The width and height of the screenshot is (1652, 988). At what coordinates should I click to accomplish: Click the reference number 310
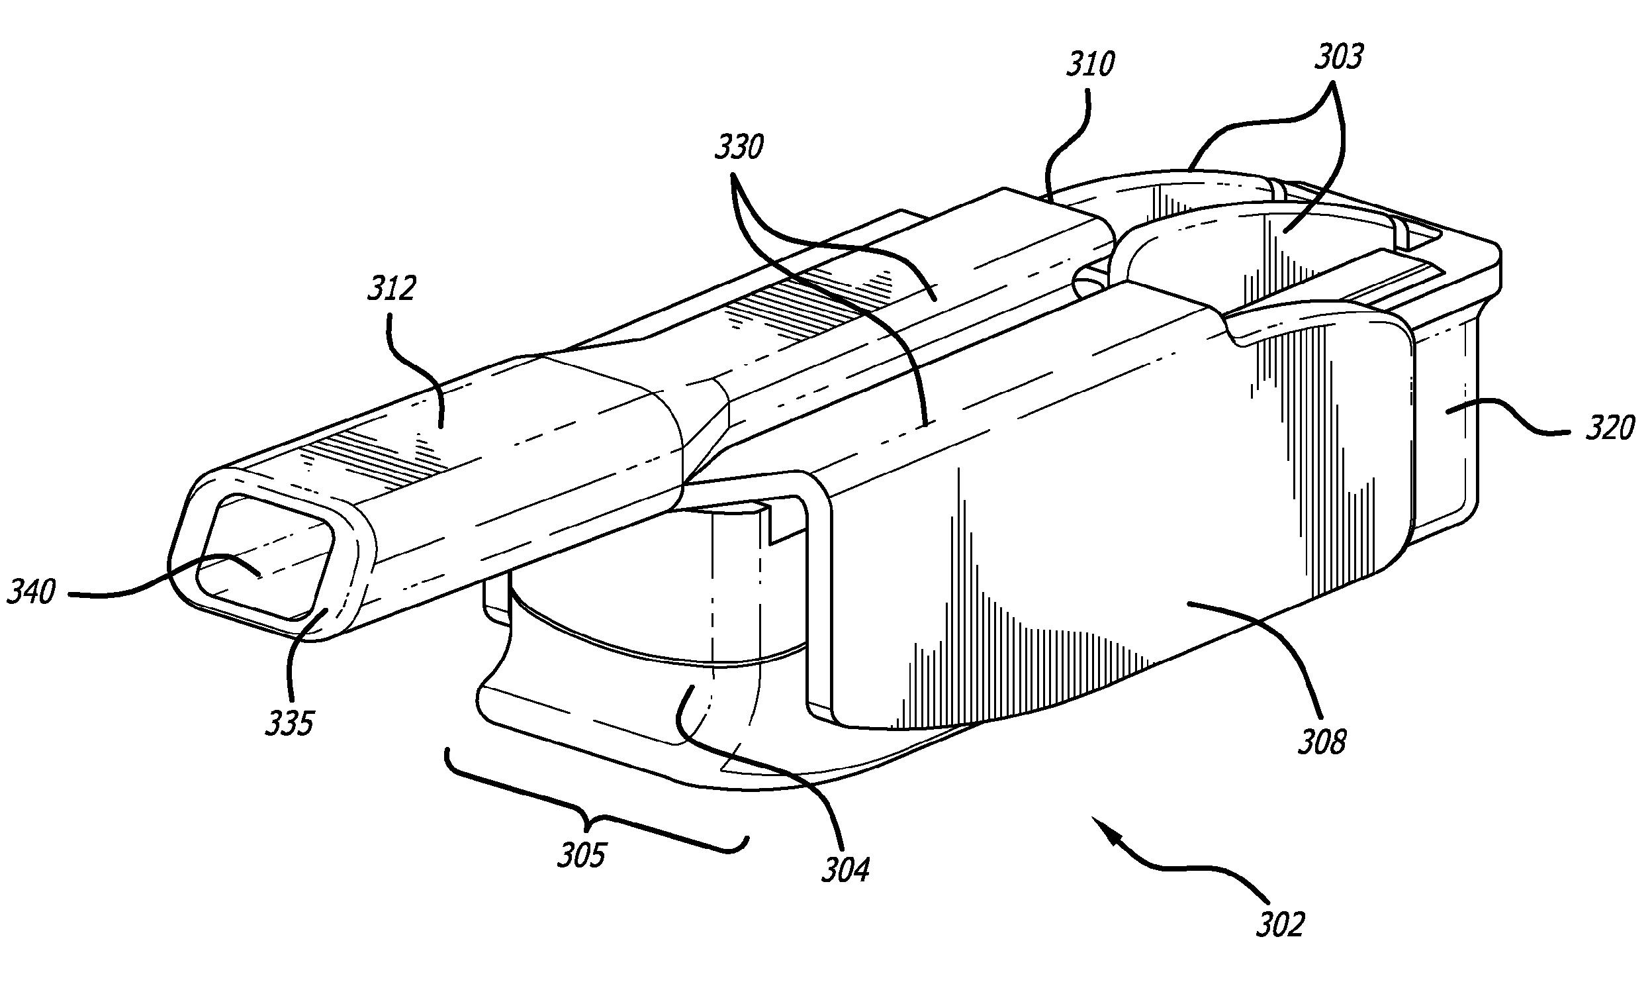1091,66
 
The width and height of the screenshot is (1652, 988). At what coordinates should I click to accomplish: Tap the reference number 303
1338,57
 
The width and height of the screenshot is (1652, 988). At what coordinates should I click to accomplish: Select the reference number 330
739,147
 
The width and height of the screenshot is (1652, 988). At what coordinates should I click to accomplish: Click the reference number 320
1610,427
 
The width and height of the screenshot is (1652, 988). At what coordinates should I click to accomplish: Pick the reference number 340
31,591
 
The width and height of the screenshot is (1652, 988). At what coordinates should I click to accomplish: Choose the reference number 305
582,855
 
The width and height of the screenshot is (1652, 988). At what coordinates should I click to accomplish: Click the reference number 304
845,869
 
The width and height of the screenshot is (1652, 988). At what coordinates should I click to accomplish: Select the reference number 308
1322,741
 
